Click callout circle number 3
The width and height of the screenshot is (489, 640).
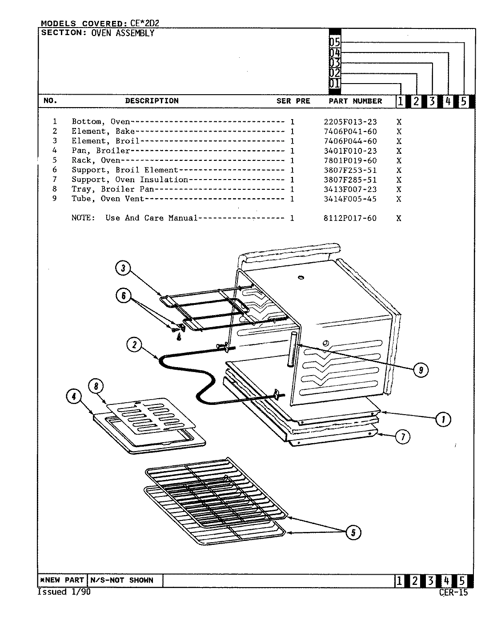coord(123,268)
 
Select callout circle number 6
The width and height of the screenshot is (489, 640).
coord(123,296)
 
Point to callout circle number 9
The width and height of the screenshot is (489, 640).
coord(421,369)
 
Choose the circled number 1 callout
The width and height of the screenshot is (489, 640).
coord(443,419)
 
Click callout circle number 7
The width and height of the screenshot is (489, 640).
coord(403,437)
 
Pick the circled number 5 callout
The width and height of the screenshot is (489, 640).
coord(353,532)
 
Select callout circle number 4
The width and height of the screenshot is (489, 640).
coord(74,396)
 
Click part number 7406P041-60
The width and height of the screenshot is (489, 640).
coord(350,131)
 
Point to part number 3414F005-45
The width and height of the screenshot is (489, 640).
coord(350,199)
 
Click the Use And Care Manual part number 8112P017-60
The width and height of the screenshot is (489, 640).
coord(350,218)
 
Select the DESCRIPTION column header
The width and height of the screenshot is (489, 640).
coord(152,101)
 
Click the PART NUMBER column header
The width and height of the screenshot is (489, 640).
coord(355,101)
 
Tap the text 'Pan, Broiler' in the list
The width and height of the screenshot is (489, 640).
coord(100,151)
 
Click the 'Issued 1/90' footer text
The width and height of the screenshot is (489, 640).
coord(64,592)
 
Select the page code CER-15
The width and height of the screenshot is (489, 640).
coord(453,592)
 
